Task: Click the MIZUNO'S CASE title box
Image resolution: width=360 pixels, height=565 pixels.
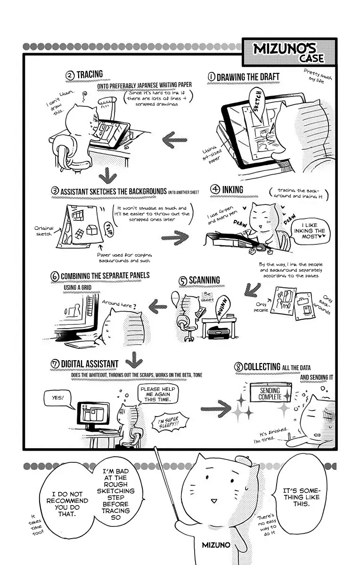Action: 289,52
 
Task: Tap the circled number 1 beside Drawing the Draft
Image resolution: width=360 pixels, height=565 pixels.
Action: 211,77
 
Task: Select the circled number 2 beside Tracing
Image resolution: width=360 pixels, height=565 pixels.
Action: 70,75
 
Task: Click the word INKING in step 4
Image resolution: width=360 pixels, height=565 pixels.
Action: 233,190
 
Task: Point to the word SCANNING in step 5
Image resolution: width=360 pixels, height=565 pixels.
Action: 204,280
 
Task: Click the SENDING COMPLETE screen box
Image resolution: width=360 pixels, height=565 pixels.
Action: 270,394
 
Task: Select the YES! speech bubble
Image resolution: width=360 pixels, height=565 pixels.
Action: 57,398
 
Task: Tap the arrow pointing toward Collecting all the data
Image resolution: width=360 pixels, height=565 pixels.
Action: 215,408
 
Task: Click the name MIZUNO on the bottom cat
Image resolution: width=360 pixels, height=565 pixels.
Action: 216,545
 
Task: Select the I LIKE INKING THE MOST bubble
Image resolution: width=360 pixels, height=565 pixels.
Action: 310,231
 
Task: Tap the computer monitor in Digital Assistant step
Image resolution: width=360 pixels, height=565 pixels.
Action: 93,414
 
